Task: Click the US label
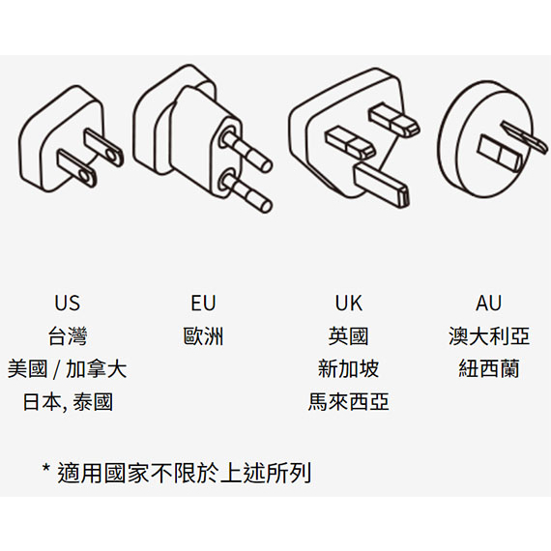pos(67,303)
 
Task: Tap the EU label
pos(203,303)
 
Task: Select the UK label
pos(349,303)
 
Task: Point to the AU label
pos(488,303)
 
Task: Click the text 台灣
pos(68,336)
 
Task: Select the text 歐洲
pos(203,336)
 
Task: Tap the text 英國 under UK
pos(348,336)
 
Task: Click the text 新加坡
pos(348,368)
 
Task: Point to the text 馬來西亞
pos(348,402)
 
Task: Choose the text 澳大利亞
pos(489,336)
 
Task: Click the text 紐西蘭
pos(489,368)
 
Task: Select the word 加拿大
pos(97,368)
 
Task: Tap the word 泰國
pos(93,402)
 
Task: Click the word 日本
pos(43,402)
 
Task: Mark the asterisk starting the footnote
pos(46,469)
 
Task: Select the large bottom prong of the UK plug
pos(381,185)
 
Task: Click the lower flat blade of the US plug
pos(77,168)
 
